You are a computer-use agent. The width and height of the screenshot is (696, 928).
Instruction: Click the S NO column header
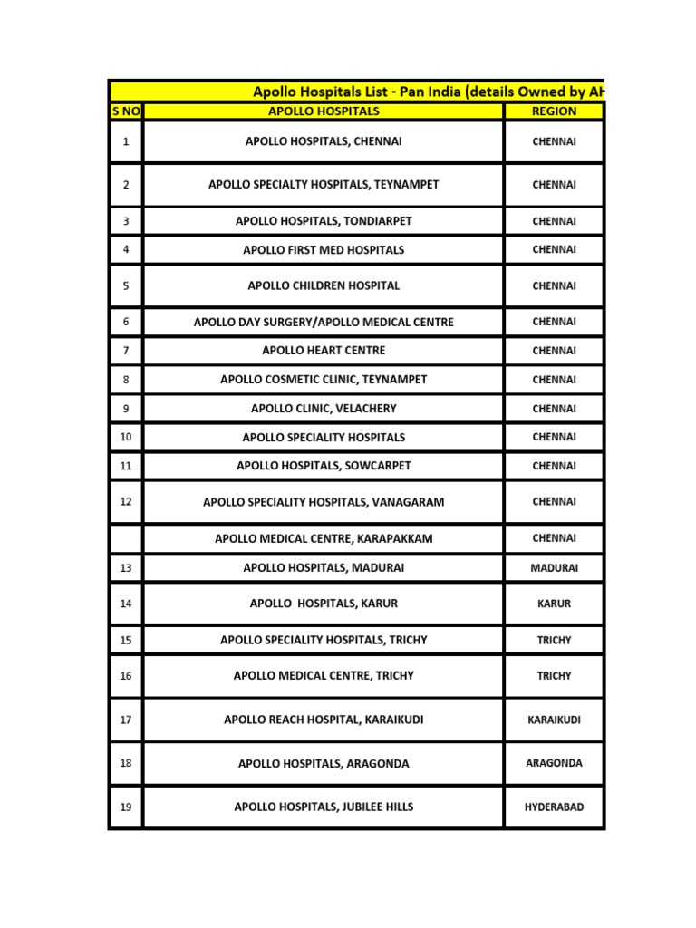[x=125, y=111]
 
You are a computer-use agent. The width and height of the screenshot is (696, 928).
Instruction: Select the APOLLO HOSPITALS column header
[x=324, y=111]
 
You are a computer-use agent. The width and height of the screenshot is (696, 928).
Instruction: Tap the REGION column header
[x=554, y=111]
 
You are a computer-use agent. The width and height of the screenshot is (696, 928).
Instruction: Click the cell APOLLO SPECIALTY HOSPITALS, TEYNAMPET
[x=324, y=184]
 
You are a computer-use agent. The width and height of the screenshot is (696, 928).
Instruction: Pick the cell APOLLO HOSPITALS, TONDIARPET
[x=324, y=220]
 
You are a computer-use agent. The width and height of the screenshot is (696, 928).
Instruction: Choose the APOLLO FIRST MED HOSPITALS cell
[x=324, y=249]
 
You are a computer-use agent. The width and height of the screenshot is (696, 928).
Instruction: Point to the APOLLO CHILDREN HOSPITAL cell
[x=324, y=285]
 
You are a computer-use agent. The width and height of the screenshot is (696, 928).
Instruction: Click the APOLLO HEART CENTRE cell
[x=324, y=350]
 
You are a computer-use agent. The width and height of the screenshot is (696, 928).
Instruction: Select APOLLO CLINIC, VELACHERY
[x=324, y=409]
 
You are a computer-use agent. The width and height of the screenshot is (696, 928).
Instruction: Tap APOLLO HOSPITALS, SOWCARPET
[x=324, y=466]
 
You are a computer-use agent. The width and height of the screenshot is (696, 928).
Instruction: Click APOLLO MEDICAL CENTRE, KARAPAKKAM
[x=324, y=538]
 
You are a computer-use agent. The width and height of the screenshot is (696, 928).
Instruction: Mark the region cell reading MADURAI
[x=554, y=568]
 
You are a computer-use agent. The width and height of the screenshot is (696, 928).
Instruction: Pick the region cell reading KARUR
[x=554, y=604]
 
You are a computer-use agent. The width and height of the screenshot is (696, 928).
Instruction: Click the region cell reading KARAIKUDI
[x=554, y=720]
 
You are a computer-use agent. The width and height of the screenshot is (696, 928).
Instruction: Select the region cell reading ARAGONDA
[x=554, y=763]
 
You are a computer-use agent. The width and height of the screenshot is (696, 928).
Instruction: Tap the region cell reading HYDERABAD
[x=554, y=807]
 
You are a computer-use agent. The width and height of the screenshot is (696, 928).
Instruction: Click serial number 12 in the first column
[x=125, y=501]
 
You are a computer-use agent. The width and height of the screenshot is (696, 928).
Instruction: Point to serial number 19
[x=125, y=807]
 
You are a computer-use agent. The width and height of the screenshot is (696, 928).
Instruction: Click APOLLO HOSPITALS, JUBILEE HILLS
[x=324, y=807]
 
